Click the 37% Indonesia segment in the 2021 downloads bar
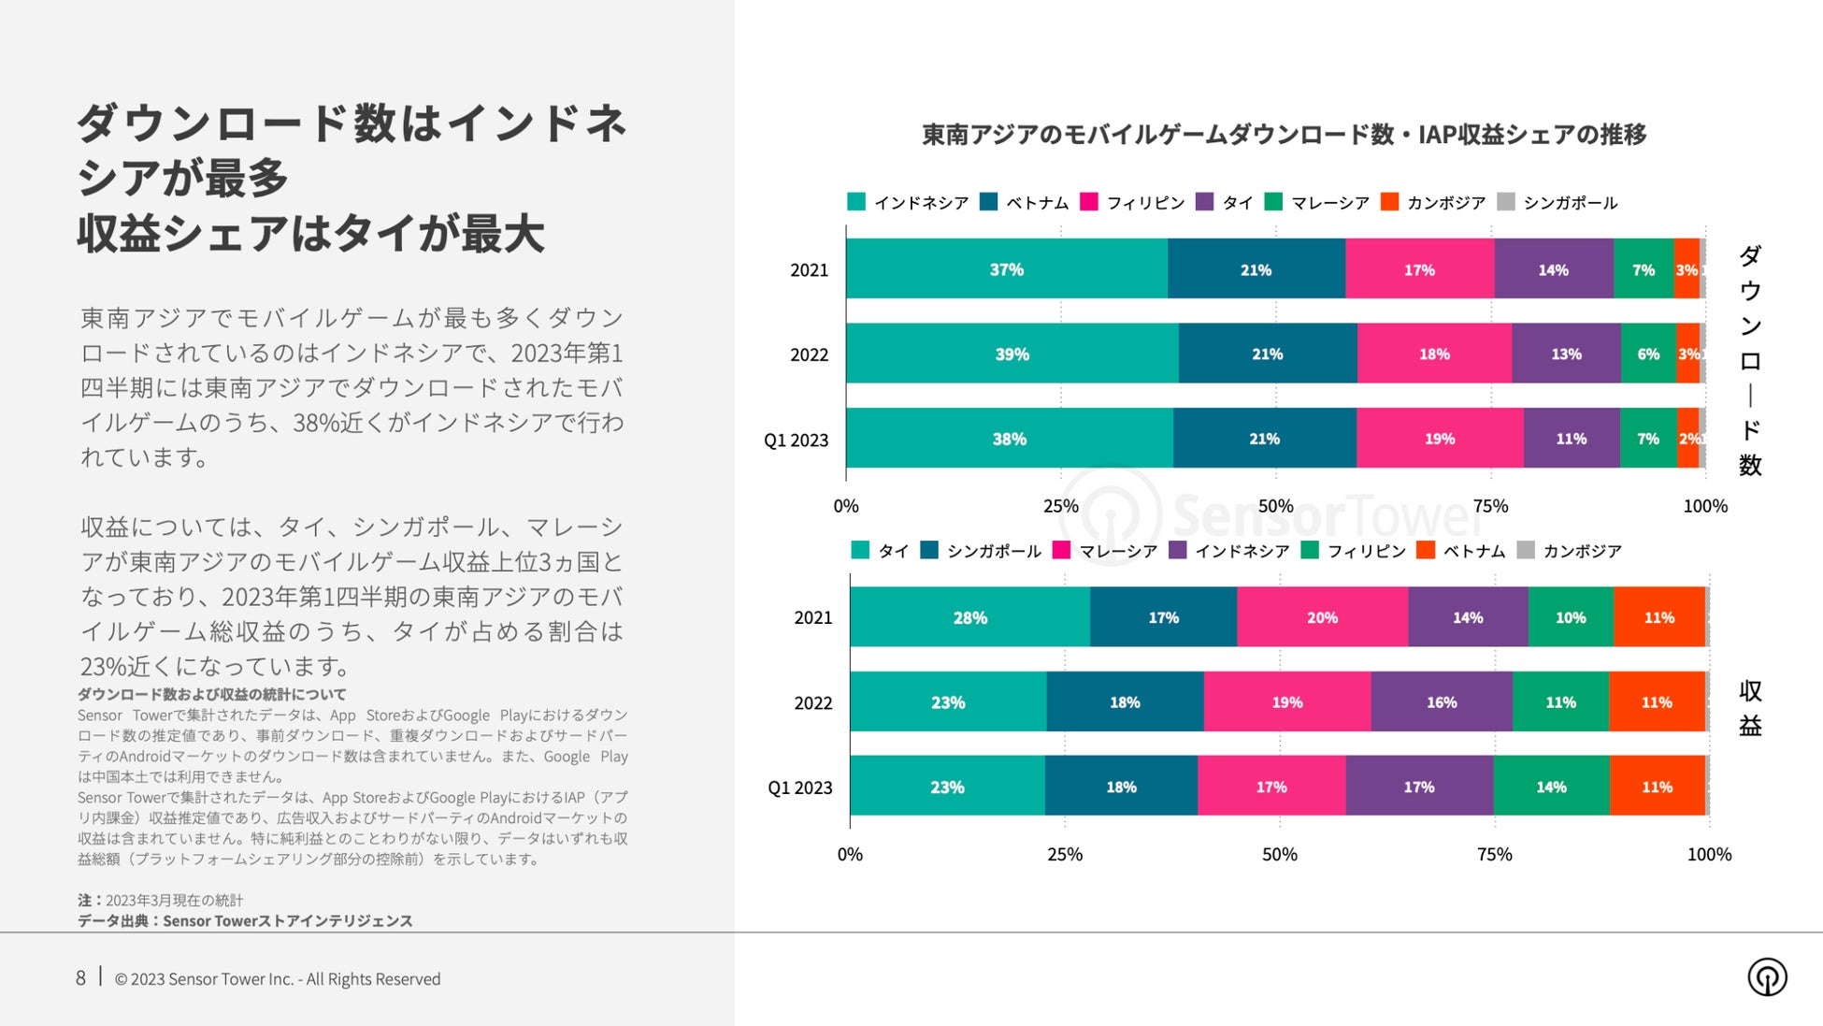coord(1007,269)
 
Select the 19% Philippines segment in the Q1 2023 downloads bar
coord(1440,439)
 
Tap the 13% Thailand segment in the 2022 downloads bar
coord(1566,354)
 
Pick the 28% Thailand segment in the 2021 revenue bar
coord(969,617)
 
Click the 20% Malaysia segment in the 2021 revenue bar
coord(1322,617)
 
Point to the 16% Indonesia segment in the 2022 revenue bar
coord(1442,702)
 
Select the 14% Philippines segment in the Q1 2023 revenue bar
coord(1551,788)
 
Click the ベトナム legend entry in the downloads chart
coord(1025,202)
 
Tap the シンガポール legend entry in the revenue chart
coord(981,551)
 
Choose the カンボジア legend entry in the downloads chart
coord(1434,202)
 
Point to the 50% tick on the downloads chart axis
coord(1275,506)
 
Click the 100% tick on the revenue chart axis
coord(1709,854)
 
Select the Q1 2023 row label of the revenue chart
coord(799,788)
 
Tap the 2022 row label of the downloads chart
coord(809,354)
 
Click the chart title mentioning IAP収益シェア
coord(1284,135)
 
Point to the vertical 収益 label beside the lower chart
coord(1750,708)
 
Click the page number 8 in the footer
coord(80,978)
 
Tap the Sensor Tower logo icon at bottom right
coord(1767,977)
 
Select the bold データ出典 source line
coord(245,921)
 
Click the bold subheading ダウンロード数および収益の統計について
coord(211,694)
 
